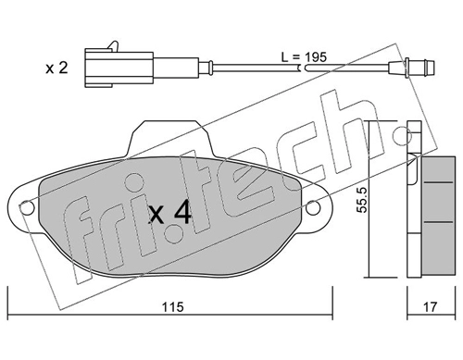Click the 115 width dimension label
point(173,306)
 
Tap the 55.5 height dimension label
point(363,200)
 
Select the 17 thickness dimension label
point(431,306)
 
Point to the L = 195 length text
point(304,57)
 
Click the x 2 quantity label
point(56,68)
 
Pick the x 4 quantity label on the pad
point(170,214)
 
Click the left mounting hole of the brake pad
point(27,207)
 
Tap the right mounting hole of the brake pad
point(313,207)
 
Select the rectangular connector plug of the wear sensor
point(119,68)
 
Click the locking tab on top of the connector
point(113,45)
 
